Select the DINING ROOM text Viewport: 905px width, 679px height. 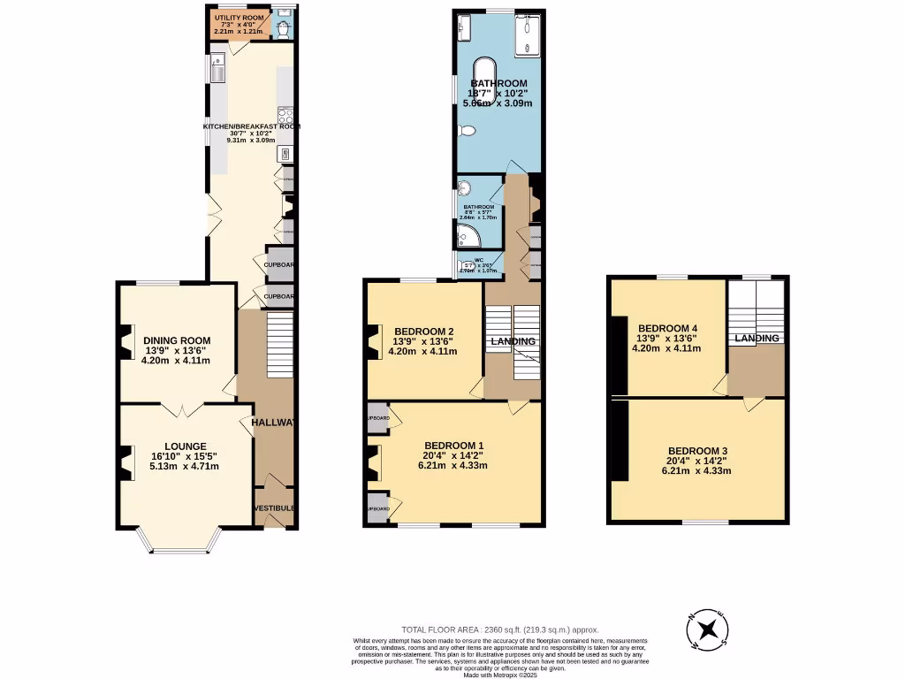[178, 340]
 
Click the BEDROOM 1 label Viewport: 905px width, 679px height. [454, 446]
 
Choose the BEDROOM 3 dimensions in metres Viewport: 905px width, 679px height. [697, 470]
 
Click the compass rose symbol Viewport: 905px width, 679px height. [707, 629]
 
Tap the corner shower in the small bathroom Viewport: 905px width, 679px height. [466, 235]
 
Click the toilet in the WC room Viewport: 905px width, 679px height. [468, 264]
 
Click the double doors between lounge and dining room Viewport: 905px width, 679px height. [178, 409]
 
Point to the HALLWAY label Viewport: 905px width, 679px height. [273, 423]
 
